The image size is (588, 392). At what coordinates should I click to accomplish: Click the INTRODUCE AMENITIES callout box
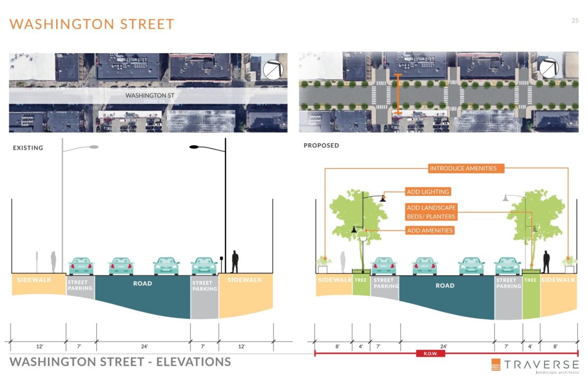coord(463,168)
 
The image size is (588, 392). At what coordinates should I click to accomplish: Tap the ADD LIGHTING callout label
coord(428,191)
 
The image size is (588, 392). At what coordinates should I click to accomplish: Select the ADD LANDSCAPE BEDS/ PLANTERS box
coord(431,212)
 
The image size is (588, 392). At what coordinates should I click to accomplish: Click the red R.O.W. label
coord(431,353)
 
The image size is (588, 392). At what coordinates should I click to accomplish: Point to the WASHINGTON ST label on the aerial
coord(149,95)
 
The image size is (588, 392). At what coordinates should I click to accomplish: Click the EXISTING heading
coord(28,148)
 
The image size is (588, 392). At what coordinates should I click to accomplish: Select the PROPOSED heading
coord(322,145)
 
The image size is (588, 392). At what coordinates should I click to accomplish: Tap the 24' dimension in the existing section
coord(145,346)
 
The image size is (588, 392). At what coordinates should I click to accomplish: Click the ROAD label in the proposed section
coord(445,286)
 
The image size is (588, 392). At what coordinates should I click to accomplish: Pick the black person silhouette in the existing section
coord(235,262)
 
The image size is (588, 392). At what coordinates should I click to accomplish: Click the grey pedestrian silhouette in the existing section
coord(54,262)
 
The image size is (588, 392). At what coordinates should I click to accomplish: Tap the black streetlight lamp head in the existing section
coord(194,147)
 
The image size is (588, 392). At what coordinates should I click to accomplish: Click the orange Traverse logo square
coord(496,364)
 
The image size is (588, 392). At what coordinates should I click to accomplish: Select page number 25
coord(575,21)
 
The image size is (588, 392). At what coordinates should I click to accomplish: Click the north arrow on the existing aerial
coord(273,70)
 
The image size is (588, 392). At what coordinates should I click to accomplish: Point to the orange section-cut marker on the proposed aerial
coord(398,94)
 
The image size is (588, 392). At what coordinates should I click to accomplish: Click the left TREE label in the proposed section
coord(361,280)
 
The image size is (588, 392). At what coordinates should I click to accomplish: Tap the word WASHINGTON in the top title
coord(62,24)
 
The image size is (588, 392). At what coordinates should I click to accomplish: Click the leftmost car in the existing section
coord(81,266)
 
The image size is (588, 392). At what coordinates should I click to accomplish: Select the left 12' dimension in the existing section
coord(40,346)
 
